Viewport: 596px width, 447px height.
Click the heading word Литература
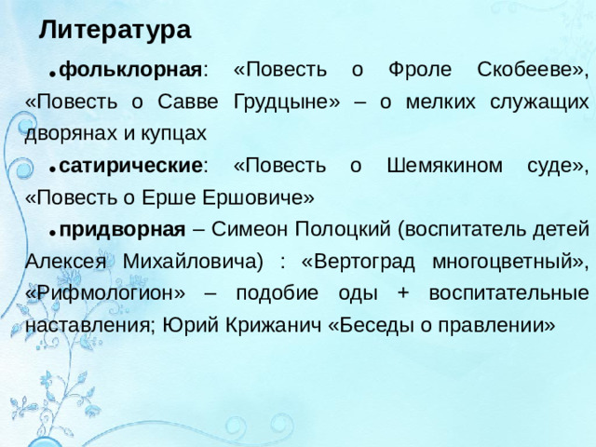(x=115, y=30)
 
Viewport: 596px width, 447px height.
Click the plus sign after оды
(x=402, y=292)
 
